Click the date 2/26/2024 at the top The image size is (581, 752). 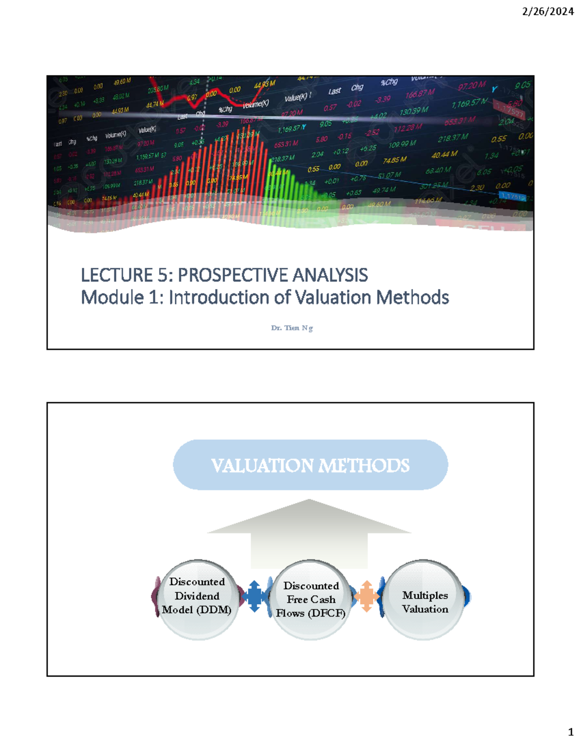click(548, 12)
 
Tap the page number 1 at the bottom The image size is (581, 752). click(570, 732)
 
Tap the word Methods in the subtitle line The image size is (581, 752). click(413, 297)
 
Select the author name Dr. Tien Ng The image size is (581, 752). click(292, 328)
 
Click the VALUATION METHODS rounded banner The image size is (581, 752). click(310, 465)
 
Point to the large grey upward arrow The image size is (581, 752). click(309, 533)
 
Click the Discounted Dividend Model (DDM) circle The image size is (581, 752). click(197, 599)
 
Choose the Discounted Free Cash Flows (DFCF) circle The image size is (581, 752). click(310, 599)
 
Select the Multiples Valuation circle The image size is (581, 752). click(425, 600)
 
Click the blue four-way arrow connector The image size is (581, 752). click(254, 597)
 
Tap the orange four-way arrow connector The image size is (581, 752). click(367, 596)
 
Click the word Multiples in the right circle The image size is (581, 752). click(425, 595)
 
